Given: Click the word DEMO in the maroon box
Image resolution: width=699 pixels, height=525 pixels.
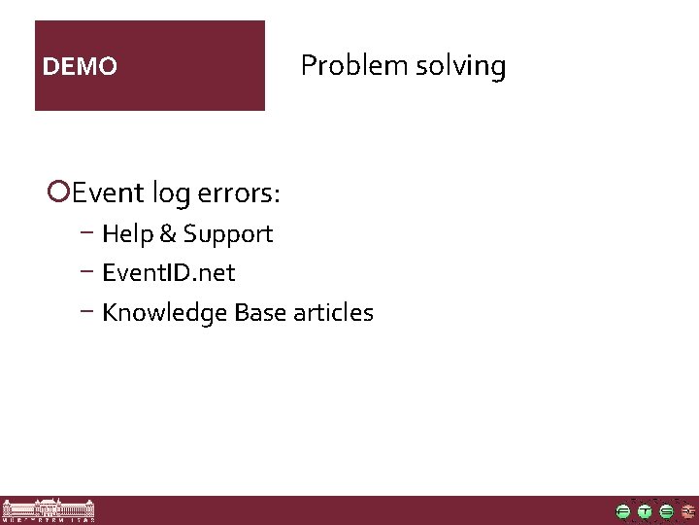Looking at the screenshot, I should (81, 67).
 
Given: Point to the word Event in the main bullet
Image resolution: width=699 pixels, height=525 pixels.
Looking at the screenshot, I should (107, 192).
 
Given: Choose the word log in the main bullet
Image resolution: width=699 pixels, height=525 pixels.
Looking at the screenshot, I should (169, 194).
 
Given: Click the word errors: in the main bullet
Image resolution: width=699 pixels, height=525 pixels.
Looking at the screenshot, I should (238, 193).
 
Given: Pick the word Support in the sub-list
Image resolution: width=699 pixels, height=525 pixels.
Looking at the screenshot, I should (228, 235).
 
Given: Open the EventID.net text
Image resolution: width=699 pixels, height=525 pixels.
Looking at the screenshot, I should (168, 273).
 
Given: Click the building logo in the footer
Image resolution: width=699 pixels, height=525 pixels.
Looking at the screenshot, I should (49, 511).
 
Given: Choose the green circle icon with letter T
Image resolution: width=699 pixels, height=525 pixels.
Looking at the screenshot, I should (645, 511).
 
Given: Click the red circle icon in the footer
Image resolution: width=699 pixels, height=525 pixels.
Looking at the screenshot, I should (687, 511).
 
